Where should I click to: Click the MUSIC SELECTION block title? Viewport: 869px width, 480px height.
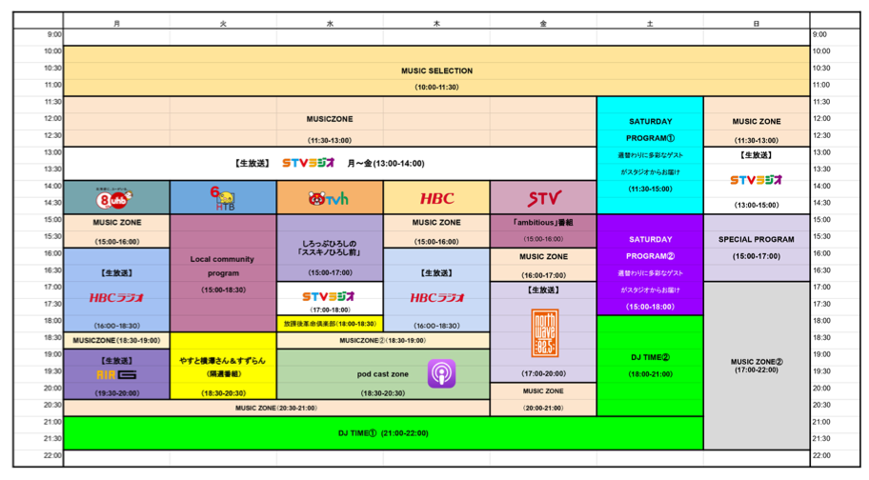(436, 70)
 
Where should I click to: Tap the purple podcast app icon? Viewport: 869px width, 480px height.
(441, 372)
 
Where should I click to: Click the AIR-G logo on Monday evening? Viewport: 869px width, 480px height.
(116, 374)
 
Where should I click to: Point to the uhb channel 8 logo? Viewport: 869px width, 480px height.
(116, 197)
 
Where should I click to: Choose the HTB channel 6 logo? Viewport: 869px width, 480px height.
(223, 197)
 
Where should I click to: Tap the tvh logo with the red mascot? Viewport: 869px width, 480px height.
(330, 198)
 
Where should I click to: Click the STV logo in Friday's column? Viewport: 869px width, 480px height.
(544, 198)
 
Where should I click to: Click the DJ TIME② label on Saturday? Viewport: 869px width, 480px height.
(650, 357)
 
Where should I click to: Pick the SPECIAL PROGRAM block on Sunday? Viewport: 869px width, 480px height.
(757, 239)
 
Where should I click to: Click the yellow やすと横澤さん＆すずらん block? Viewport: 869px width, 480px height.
(223, 361)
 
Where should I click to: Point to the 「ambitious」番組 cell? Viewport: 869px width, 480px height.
(544, 222)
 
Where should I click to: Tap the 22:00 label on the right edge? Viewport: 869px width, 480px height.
(821, 456)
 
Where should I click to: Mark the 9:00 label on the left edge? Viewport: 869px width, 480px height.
(53, 35)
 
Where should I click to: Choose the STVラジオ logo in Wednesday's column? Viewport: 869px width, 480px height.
(330, 296)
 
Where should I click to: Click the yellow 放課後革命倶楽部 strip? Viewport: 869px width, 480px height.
(330, 323)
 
